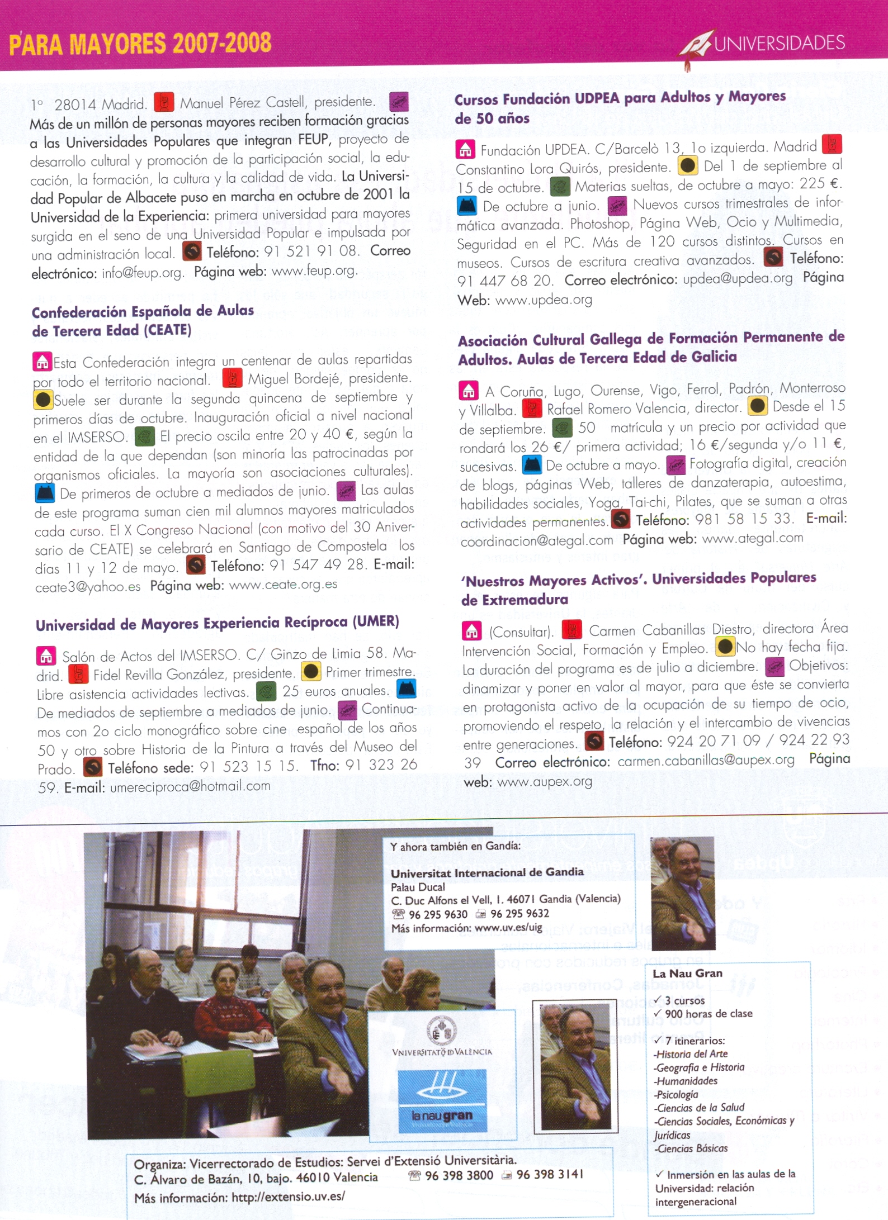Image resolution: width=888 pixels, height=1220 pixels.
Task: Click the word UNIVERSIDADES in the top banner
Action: (780, 44)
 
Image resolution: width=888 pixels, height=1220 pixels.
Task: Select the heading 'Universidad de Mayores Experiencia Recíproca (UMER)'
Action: (217, 623)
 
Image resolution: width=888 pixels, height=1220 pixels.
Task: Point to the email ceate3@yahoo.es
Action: (88, 587)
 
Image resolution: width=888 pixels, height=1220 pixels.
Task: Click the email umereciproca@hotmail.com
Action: (190, 786)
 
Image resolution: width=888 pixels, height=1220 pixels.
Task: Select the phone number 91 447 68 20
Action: (504, 281)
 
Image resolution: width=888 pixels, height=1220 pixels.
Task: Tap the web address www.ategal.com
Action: (752, 538)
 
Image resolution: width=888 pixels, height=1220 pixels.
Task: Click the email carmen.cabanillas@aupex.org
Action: (706, 761)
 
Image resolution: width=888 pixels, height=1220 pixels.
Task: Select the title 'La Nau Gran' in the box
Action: (687, 973)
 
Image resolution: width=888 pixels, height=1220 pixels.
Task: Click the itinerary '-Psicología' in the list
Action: (676, 1094)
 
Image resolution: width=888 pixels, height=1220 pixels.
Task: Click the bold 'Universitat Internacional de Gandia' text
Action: (486, 872)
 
